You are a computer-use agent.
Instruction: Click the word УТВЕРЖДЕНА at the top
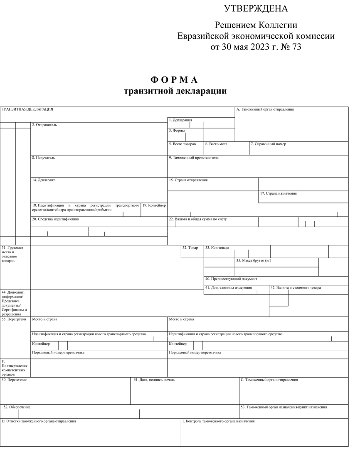pos(256,9)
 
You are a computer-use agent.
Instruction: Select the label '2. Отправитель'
pos(44,125)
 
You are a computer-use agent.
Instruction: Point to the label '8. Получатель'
pos(43,158)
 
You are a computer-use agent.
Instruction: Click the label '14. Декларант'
pos(43,181)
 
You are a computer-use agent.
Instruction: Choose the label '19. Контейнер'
pos(154,205)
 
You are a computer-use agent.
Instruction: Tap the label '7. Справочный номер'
pos(268,144)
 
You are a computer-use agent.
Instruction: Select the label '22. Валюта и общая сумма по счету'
pos(197,219)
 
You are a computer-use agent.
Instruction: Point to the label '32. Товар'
pos(190,248)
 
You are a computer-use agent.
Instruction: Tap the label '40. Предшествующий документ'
pos(231,279)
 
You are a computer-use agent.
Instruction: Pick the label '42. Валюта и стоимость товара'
pos(296,288)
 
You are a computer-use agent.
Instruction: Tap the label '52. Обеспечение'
pos(17,407)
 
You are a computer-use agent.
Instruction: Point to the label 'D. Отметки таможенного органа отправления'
pos(39,421)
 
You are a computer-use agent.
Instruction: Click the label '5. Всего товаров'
pos(182,144)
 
